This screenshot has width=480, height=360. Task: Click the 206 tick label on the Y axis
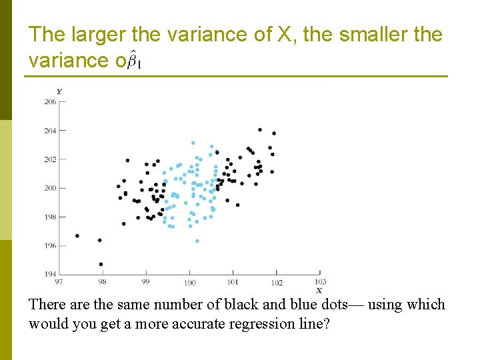[x=50, y=101]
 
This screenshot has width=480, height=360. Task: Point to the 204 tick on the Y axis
[x=50, y=131]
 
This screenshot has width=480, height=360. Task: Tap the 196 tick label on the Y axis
[x=50, y=245]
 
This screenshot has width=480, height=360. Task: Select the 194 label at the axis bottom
[x=50, y=274]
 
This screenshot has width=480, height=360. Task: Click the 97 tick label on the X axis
[x=59, y=282]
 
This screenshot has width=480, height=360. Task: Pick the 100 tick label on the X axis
[x=189, y=283]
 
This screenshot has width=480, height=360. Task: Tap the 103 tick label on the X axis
[x=320, y=282]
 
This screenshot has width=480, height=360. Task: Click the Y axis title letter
[x=59, y=91]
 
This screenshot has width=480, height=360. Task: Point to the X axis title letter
[x=319, y=291]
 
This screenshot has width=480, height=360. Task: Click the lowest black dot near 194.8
[x=101, y=264]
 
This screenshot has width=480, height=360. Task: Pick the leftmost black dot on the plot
[x=77, y=235]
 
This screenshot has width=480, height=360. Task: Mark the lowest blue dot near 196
[x=197, y=241]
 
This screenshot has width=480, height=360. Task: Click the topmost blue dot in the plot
[x=193, y=143]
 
